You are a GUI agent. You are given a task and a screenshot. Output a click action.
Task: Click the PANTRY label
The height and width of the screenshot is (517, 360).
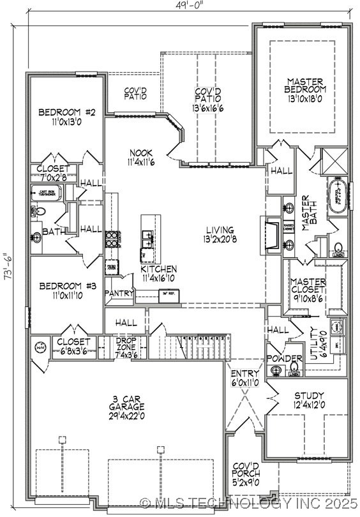coord(120,294)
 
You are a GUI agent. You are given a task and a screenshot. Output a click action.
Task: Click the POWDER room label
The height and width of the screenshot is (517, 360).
coord(280,359)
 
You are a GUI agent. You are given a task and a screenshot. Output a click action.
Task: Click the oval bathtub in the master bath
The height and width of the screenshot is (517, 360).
coord(339,196)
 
